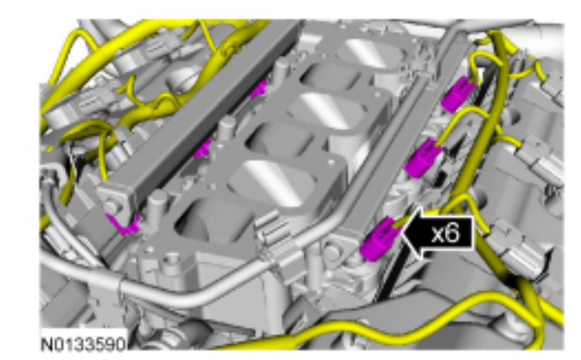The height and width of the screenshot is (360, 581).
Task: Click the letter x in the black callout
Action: pyautogui.click(x=438, y=234)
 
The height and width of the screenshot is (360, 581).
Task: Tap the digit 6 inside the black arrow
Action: pyautogui.click(x=453, y=233)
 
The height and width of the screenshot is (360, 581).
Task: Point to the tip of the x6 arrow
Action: pyautogui.click(x=402, y=233)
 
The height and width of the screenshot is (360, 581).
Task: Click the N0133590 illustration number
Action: pyautogui.click(x=83, y=344)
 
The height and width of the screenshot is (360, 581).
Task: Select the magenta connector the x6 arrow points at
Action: pyautogui.click(x=379, y=239)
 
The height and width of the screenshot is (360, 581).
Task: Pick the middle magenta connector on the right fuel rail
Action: pyautogui.click(x=423, y=158)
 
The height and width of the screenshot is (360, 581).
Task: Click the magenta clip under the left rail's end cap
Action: pyautogui.click(x=124, y=224)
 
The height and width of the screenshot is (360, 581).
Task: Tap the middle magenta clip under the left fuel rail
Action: pyautogui.click(x=203, y=149)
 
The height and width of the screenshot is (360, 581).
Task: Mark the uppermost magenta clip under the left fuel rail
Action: pyautogui.click(x=259, y=88)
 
